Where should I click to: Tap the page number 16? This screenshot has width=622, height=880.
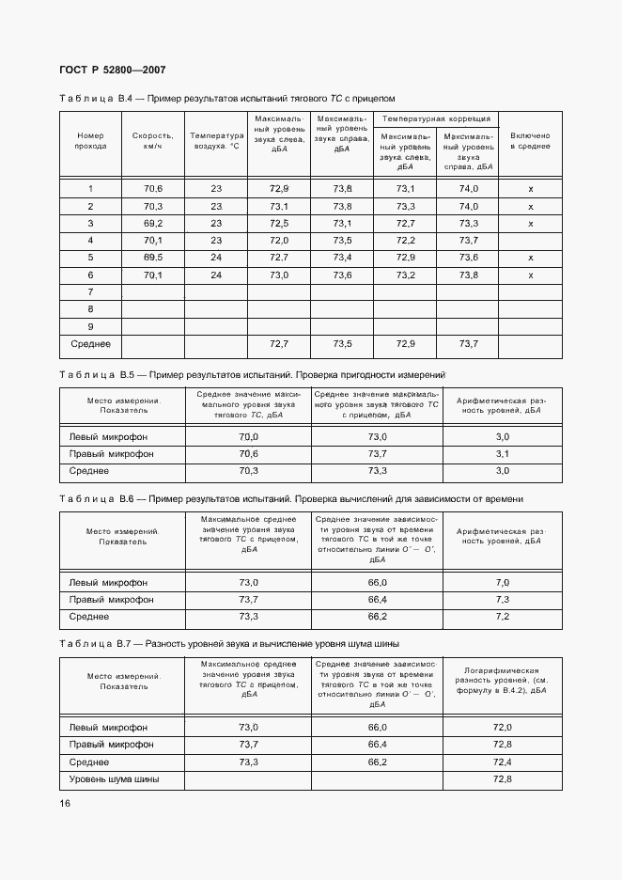pyautogui.click(x=65, y=803)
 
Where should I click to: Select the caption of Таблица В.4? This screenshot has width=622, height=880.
pyautogui.click(x=227, y=98)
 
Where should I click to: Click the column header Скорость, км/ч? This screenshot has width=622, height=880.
pyautogui.click(x=152, y=141)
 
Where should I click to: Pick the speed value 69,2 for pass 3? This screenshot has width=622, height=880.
pyautogui.click(x=153, y=223)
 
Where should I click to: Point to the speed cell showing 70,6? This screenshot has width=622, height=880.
pyautogui.click(x=153, y=189)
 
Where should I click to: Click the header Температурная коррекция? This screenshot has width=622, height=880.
pyautogui.click(x=435, y=119)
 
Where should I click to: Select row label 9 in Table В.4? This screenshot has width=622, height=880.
pyautogui.click(x=90, y=326)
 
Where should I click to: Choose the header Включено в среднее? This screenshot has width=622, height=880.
pyautogui.click(x=530, y=141)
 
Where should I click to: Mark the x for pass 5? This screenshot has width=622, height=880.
pyautogui.click(x=531, y=258)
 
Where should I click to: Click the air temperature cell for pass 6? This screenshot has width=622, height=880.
pyautogui.click(x=215, y=275)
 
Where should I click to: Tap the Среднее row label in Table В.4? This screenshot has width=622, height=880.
pyautogui.click(x=90, y=344)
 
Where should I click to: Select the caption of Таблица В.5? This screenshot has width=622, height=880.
pyautogui.click(x=252, y=374)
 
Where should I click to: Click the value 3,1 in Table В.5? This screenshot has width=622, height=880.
pyautogui.click(x=502, y=454)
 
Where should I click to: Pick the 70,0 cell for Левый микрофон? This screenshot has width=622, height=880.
pyautogui.click(x=248, y=437)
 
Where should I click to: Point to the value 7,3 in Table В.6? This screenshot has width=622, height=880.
pyautogui.click(x=502, y=600)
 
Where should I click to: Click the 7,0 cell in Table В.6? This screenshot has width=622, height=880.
pyautogui.click(x=502, y=583)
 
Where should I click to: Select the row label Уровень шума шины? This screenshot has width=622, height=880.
pyautogui.click(x=115, y=779)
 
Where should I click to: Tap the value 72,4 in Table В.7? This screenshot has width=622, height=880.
pyautogui.click(x=502, y=762)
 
